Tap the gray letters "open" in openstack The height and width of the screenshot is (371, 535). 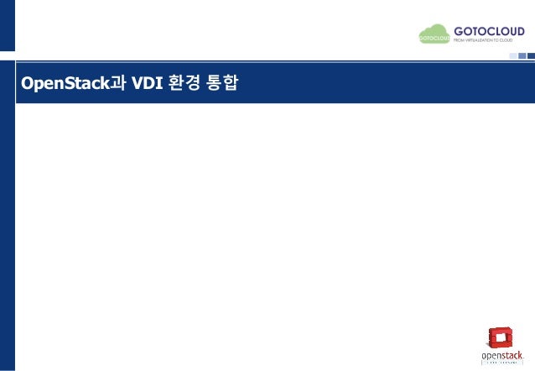point(491,356)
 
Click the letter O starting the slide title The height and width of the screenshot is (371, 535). point(26,84)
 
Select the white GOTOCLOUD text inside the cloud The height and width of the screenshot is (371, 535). point(433,38)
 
